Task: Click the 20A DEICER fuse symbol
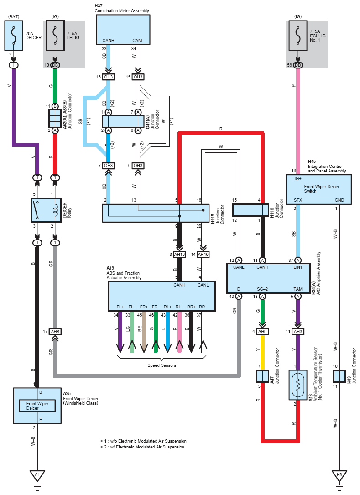pyautogui.click(x=14, y=36)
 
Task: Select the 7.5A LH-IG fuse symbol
pyautogui.click(x=55, y=36)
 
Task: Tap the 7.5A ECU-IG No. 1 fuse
pyautogui.click(x=297, y=36)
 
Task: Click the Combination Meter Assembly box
pyautogui.click(x=123, y=29)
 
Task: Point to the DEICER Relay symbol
pyautogui.click(x=46, y=210)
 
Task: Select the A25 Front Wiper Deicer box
pyautogui.click(x=37, y=406)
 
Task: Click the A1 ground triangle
pyautogui.click(x=37, y=476)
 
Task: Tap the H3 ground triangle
pyautogui.click(x=339, y=476)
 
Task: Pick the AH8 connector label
pyautogui.click(x=55, y=332)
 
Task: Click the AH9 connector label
pyautogui.click(x=262, y=332)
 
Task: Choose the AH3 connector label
pyautogui.click(x=298, y=332)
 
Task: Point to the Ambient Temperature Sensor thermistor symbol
pyautogui.click(x=298, y=385)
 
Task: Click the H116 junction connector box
pyautogui.click(x=251, y=210)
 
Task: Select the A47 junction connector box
pyautogui.click(x=262, y=376)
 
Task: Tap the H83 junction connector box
pyautogui.click(x=339, y=376)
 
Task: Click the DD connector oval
pyautogui.click(x=298, y=65)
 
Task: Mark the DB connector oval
pyautogui.click(x=55, y=65)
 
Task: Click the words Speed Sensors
pyautogui.click(x=162, y=365)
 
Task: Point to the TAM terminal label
pyautogui.click(x=298, y=289)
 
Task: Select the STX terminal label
pyautogui.click(x=298, y=200)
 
